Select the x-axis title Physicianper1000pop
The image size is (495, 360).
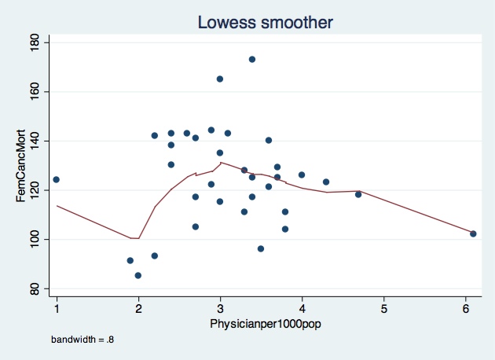[264, 324]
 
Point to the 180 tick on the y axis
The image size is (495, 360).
[35, 42]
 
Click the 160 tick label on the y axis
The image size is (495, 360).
[35, 91]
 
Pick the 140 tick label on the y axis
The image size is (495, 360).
[35, 141]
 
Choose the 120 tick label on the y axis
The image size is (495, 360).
[35, 189]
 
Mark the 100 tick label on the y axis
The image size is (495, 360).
[35, 239]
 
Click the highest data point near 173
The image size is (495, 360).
[252, 59]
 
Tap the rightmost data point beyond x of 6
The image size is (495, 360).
[473, 233]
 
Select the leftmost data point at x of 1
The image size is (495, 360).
[57, 179]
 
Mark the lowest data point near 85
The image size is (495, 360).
[138, 275]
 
